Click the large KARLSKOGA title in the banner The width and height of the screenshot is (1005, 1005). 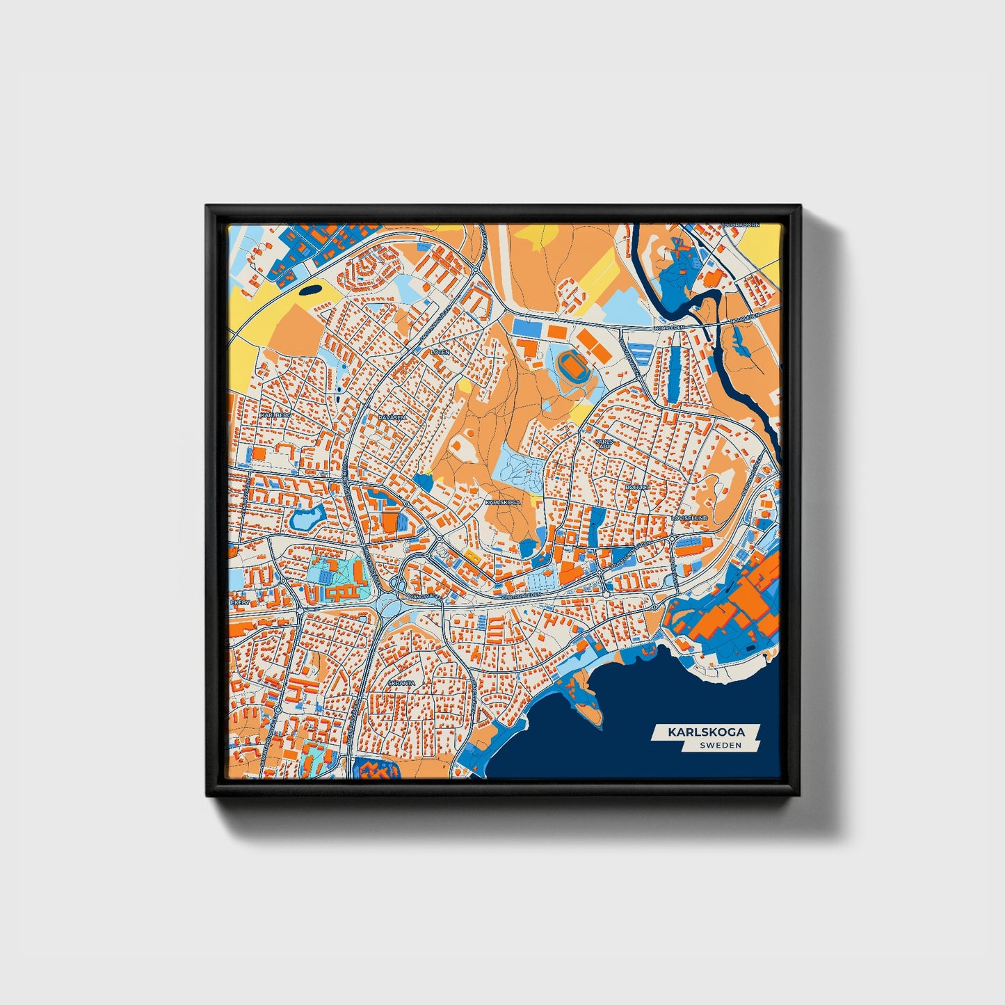[706, 732]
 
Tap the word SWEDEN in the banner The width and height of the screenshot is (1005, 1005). [721, 745]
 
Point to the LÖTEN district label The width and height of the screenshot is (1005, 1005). [440, 353]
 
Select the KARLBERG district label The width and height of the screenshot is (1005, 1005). [273, 415]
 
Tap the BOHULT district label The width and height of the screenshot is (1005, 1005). [636, 488]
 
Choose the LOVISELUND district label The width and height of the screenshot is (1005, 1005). [689, 519]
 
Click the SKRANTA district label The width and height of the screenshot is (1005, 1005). [401, 683]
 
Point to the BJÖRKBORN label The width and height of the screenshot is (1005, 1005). [742, 225]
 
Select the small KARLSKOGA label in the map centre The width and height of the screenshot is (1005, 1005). [502, 501]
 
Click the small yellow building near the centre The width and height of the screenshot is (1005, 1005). [473, 555]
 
